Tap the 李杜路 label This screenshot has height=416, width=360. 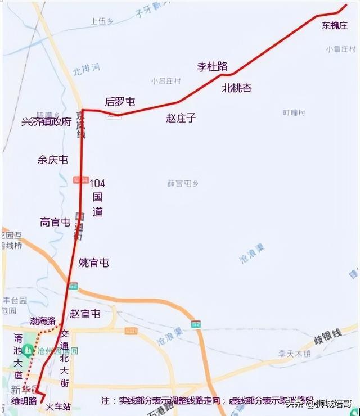click(x=212, y=66)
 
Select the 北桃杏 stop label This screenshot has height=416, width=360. click(x=237, y=88)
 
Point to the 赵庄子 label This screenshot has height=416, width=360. click(x=181, y=118)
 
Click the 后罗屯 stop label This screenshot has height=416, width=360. click(x=120, y=102)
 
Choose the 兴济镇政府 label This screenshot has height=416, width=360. click(x=46, y=122)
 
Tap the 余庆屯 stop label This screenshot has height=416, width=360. click(x=53, y=160)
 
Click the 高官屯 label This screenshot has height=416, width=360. click(x=55, y=222)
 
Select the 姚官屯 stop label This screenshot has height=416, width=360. click(x=94, y=263)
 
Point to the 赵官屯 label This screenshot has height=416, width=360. click(x=85, y=314)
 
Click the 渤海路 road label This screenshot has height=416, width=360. click(x=43, y=322)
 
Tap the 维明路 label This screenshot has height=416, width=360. click(x=24, y=401)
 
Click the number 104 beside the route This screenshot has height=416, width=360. click(x=97, y=183)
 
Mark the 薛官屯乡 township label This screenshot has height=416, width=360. click(x=183, y=183)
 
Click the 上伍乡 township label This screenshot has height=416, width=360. click(x=102, y=21)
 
